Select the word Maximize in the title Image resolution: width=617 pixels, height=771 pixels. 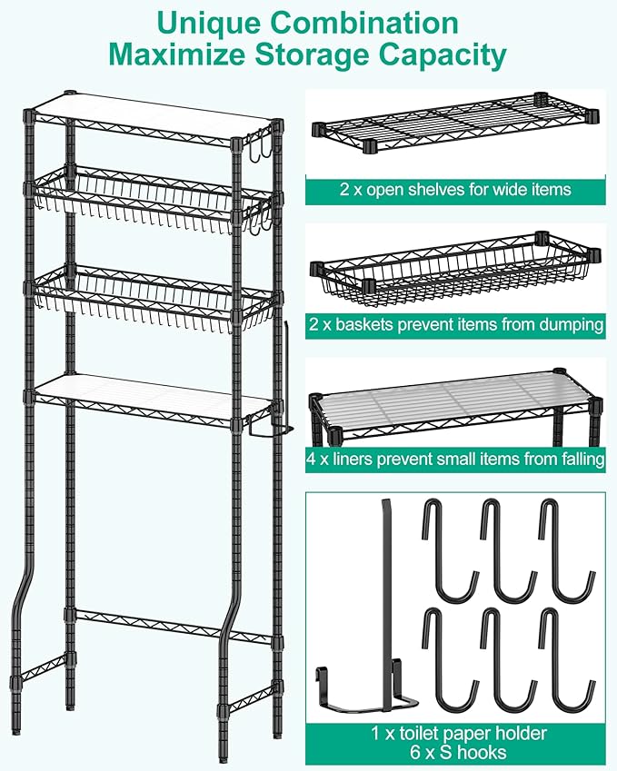click(x=176, y=54)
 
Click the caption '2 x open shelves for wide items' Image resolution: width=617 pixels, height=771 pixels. click(x=455, y=190)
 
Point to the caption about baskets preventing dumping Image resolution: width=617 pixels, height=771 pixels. click(x=456, y=324)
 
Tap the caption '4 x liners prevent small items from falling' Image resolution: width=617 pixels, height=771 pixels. click(x=455, y=460)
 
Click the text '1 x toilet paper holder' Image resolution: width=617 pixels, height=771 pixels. click(x=459, y=733)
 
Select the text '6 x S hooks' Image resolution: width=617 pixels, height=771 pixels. click(x=458, y=752)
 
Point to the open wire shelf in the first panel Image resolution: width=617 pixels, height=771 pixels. click(x=455, y=123)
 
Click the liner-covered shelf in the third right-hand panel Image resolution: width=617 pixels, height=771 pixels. click(x=455, y=400)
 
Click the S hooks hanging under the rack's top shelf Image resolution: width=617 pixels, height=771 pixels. click(x=258, y=145)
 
